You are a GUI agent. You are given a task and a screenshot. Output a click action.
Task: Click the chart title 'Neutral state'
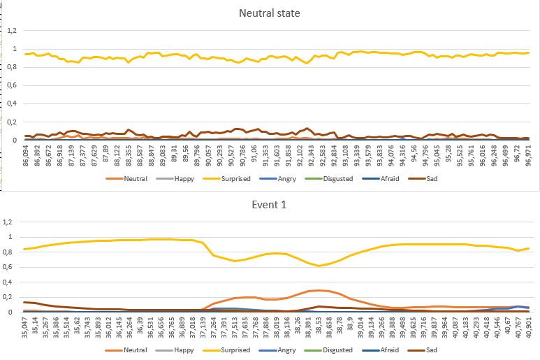point(270,13)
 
